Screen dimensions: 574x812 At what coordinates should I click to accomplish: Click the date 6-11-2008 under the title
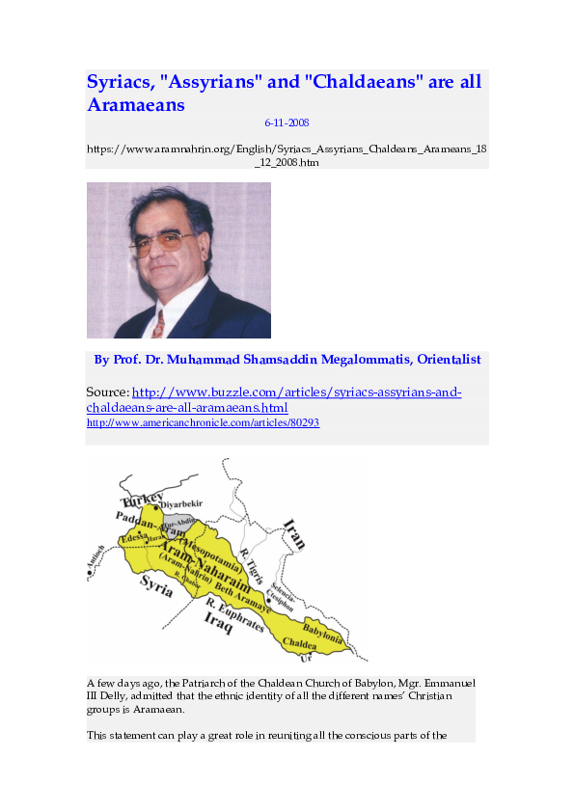(287, 123)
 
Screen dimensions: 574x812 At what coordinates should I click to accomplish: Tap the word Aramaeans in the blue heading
(136, 105)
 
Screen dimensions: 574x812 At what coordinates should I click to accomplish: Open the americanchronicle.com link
(203, 422)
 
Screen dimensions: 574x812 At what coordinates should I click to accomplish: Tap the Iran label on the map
(292, 532)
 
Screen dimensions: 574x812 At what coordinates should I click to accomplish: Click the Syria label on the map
(156, 585)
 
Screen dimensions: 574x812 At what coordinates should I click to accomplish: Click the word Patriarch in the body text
(223, 683)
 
